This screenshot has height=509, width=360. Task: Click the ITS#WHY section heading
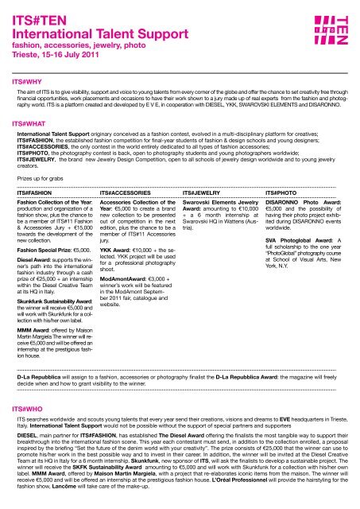tap(21, 81)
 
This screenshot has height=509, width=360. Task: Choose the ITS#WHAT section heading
tap(24, 124)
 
